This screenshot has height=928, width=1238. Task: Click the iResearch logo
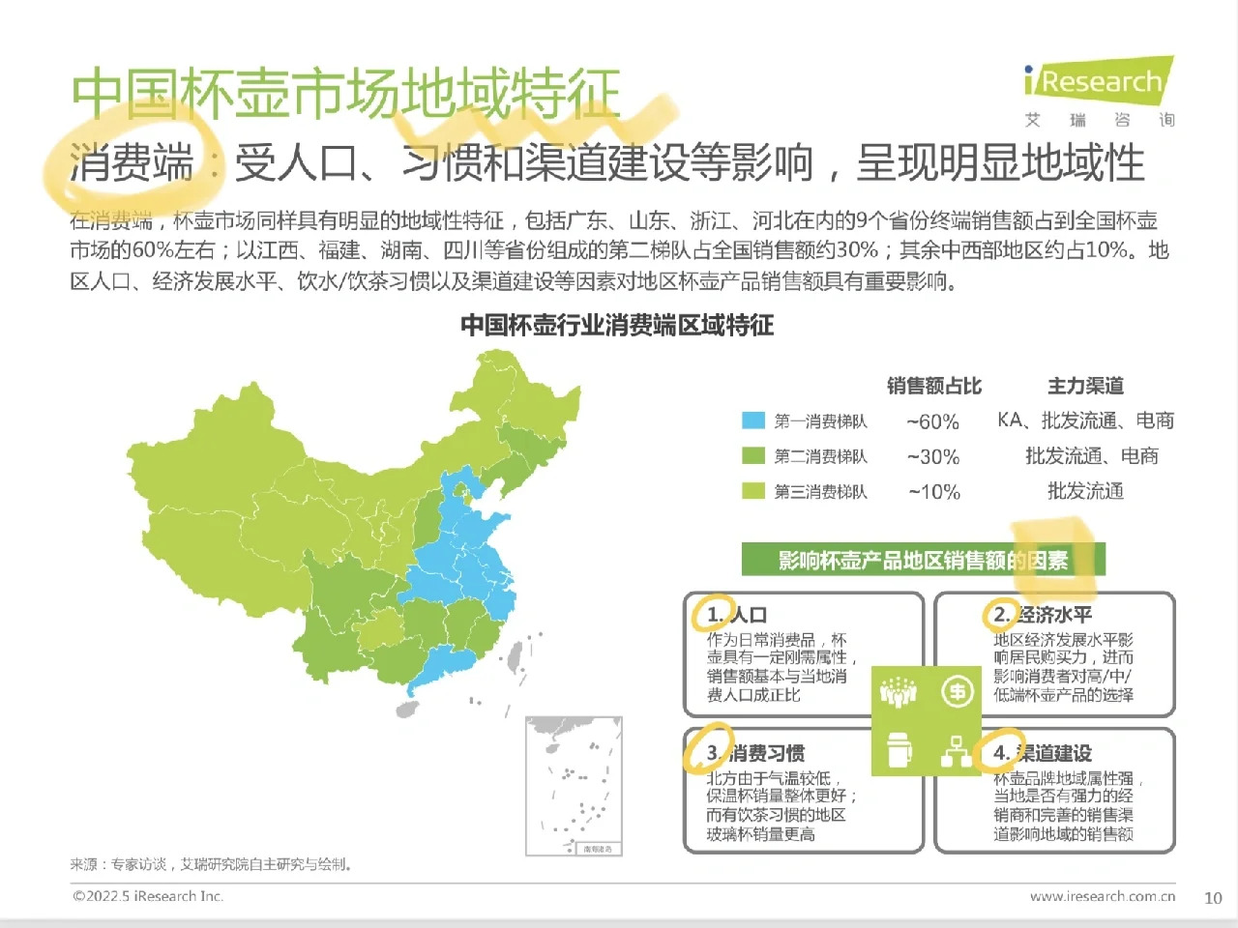[x=1099, y=82]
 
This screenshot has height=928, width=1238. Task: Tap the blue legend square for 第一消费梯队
[x=753, y=420]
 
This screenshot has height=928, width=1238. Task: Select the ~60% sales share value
[x=932, y=421]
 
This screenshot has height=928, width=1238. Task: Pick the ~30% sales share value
[x=932, y=456]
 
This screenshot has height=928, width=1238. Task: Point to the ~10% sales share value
[x=933, y=492]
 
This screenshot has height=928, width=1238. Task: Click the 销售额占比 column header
[x=933, y=386]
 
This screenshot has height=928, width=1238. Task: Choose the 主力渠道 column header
[x=1085, y=386]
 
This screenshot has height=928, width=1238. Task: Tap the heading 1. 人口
[x=736, y=614]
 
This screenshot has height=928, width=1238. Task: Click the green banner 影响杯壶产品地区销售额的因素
[x=923, y=560]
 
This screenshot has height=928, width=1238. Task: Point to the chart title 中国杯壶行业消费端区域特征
[x=617, y=325]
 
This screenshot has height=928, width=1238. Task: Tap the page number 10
[x=1213, y=898]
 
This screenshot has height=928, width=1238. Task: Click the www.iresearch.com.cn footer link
[x=1102, y=896]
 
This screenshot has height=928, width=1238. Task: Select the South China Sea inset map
[x=574, y=786]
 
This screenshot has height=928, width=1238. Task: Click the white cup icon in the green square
[x=899, y=750]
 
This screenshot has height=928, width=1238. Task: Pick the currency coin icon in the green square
[x=957, y=692]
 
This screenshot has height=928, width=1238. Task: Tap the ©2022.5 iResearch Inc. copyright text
[x=148, y=896]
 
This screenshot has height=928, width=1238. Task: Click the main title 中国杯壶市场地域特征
[x=345, y=94]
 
